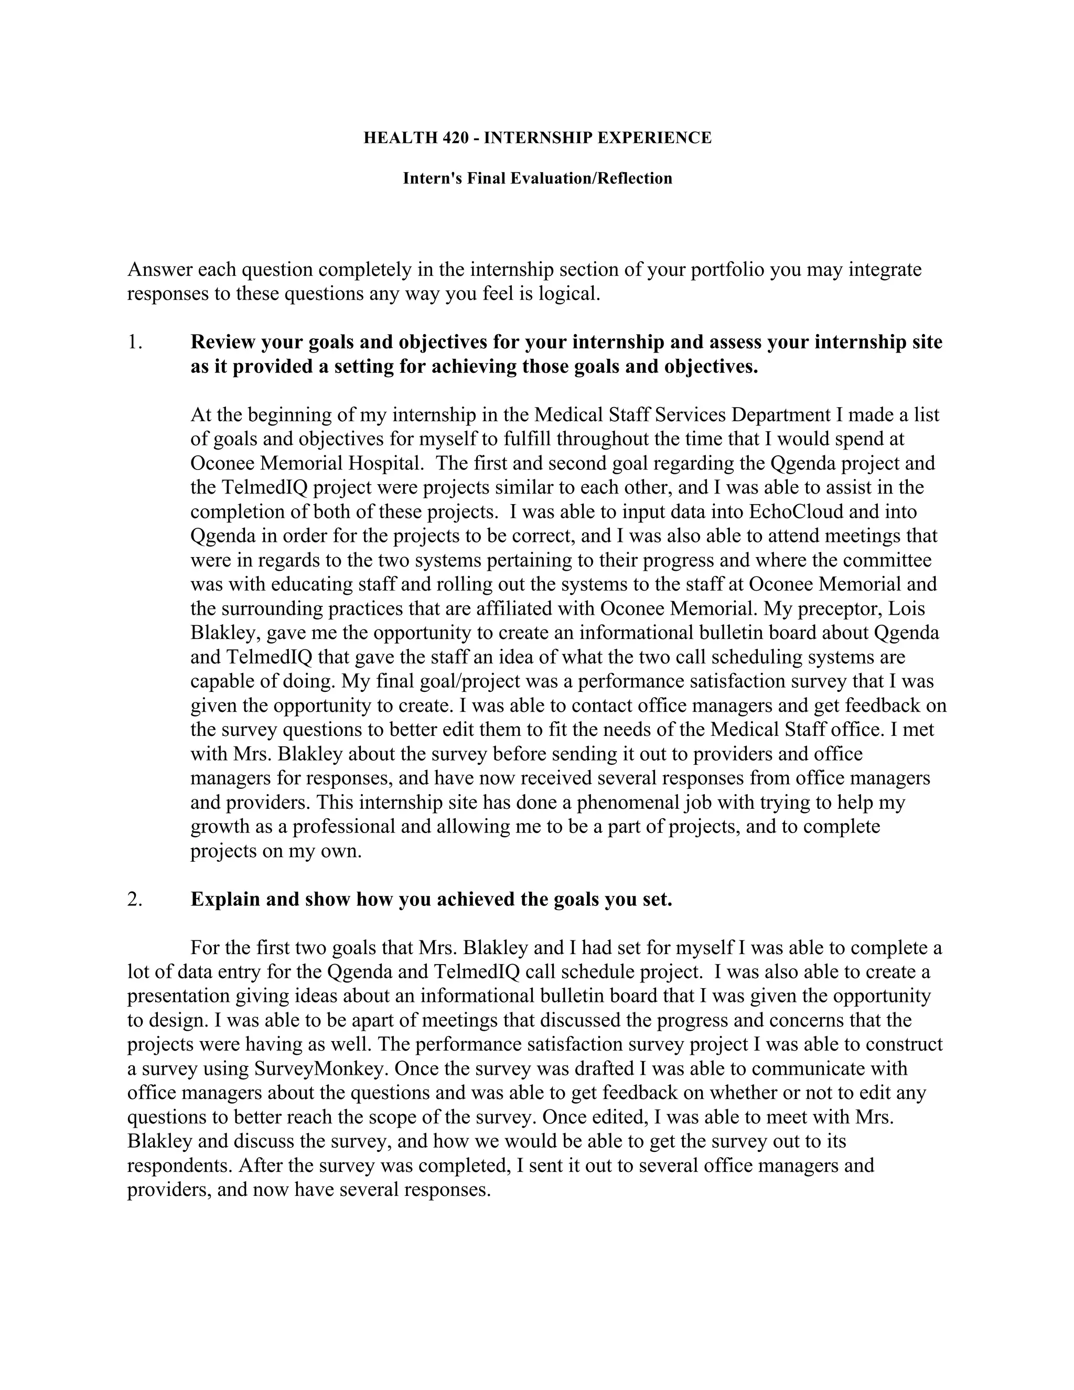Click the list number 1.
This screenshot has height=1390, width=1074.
coord(134,343)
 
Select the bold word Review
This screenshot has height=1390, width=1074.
coord(223,343)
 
